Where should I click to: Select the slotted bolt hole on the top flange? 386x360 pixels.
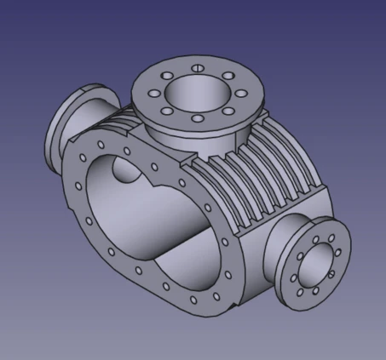click(196, 68)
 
